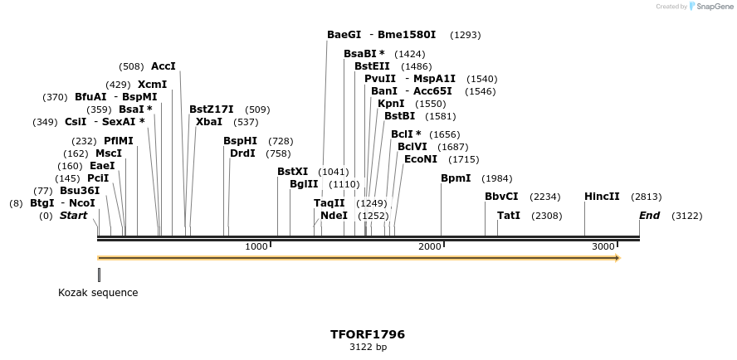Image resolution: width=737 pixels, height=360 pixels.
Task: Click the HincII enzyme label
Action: click(x=602, y=197)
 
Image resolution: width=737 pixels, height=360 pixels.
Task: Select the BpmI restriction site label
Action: click(x=456, y=178)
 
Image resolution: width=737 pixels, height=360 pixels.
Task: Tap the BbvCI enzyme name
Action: click(x=501, y=197)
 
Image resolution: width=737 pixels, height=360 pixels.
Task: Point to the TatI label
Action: click(x=509, y=216)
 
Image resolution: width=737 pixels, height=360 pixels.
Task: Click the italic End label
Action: click(x=649, y=216)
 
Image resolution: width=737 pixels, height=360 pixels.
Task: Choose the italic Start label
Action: click(x=73, y=216)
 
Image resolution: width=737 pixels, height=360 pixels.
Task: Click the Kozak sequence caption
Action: click(x=98, y=293)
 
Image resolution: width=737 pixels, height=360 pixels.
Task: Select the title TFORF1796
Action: click(x=368, y=334)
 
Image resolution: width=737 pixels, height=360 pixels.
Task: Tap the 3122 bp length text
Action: click(x=368, y=347)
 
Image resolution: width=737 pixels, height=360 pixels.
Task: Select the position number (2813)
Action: click(x=647, y=197)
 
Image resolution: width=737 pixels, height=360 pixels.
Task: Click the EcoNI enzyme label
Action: click(x=421, y=158)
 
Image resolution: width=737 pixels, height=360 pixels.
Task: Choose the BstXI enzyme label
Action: click(x=292, y=172)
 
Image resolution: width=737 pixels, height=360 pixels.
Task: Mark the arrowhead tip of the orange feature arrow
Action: click(x=619, y=258)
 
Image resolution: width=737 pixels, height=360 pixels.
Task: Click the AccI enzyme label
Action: click(x=164, y=66)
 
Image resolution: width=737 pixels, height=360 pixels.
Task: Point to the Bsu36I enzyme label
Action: click(x=80, y=190)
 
